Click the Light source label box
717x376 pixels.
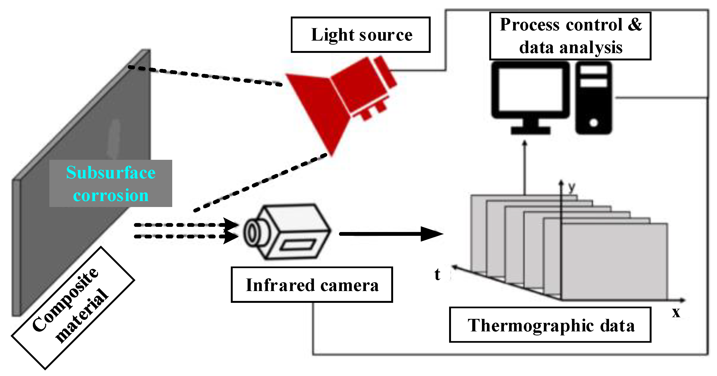[x=361, y=35]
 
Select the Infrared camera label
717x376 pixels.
[x=312, y=285]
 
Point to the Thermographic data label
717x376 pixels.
[x=550, y=325]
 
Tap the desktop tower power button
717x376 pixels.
[x=593, y=122]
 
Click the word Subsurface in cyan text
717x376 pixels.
[x=111, y=173]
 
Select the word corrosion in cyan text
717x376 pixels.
[x=111, y=195]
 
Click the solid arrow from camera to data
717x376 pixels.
[x=390, y=234]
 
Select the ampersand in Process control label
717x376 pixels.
[x=635, y=25]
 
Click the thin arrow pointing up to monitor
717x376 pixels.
[x=525, y=167]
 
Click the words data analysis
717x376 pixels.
[x=571, y=47]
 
